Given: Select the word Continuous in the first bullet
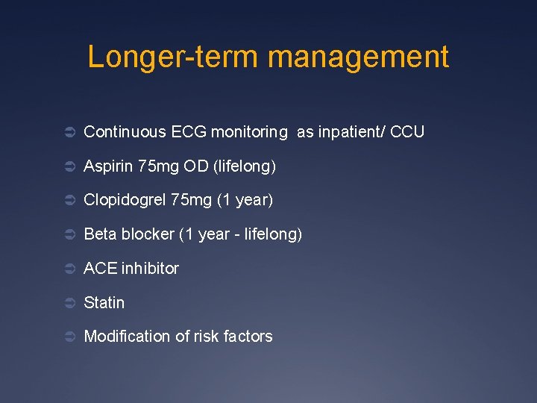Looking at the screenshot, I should (125, 132).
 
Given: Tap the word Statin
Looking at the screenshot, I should (104, 303).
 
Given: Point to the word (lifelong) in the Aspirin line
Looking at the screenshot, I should (245, 166).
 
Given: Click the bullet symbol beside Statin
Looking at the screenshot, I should (68, 303).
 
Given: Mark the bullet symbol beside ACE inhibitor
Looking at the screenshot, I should (68, 269).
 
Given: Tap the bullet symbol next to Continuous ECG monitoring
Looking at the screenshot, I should (68, 133).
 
